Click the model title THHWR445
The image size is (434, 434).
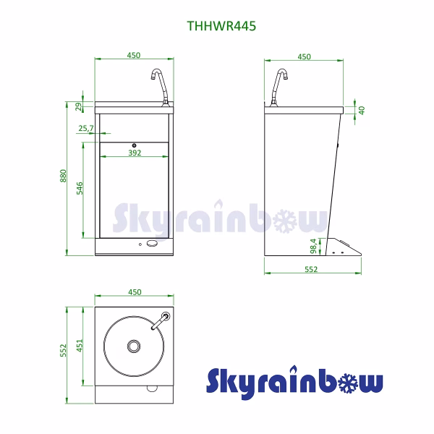[221, 26]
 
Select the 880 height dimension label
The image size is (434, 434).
[63, 176]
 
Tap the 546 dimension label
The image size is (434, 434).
[80, 188]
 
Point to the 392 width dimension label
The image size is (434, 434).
[135, 153]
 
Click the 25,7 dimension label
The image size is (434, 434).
[86, 128]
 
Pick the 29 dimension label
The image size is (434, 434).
[79, 106]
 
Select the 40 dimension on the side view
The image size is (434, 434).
[362, 110]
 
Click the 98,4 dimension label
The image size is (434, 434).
[313, 246]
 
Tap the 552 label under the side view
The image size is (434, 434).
[311, 269]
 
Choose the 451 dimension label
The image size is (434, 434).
[80, 346]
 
